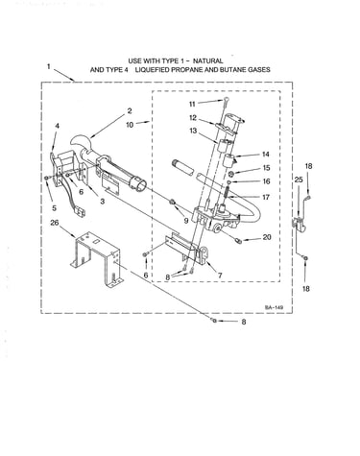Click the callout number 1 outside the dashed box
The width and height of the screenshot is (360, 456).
tap(49, 66)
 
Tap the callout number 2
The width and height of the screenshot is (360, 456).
tap(130, 110)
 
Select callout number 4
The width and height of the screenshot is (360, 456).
tap(57, 126)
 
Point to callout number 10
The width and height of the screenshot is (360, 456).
tap(130, 125)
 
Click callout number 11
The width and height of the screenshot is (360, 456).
tap(192, 104)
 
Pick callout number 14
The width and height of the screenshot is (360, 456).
tap(266, 155)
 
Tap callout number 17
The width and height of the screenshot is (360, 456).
tap(266, 197)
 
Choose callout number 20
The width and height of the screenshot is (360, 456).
tap(267, 237)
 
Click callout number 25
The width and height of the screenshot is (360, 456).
tap(299, 180)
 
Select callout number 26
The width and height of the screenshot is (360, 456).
tap(55, 223)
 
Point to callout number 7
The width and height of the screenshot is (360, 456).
tap(220, 275)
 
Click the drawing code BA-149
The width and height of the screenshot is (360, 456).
tap(274, 307)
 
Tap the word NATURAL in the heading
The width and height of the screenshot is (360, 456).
tap(208, 60)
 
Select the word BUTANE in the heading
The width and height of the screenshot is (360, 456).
tap(234, 69)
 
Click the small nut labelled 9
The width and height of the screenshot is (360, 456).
tap(172, 202)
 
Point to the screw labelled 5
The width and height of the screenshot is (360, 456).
tap(47, 178)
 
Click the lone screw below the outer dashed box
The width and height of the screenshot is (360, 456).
tap(214, 320)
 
